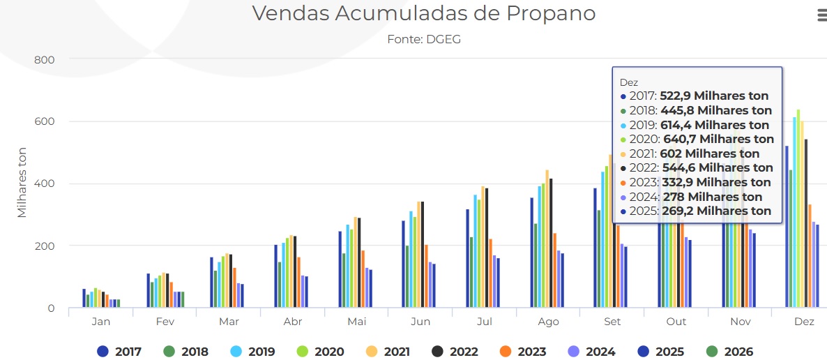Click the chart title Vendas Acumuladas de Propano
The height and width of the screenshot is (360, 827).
tap(423, 13)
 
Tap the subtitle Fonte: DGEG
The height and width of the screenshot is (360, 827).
tap(423, 40)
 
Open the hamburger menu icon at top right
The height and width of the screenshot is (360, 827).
tap(821, 16)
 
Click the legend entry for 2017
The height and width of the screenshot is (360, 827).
tap(119, 352)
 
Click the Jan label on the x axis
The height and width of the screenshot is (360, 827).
tap(100, 322)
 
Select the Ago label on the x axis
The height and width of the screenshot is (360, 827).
tap(548, 322)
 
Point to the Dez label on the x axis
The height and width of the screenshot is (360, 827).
tap(804, 322)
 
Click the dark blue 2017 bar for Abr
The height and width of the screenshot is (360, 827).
tap(276, 276)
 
